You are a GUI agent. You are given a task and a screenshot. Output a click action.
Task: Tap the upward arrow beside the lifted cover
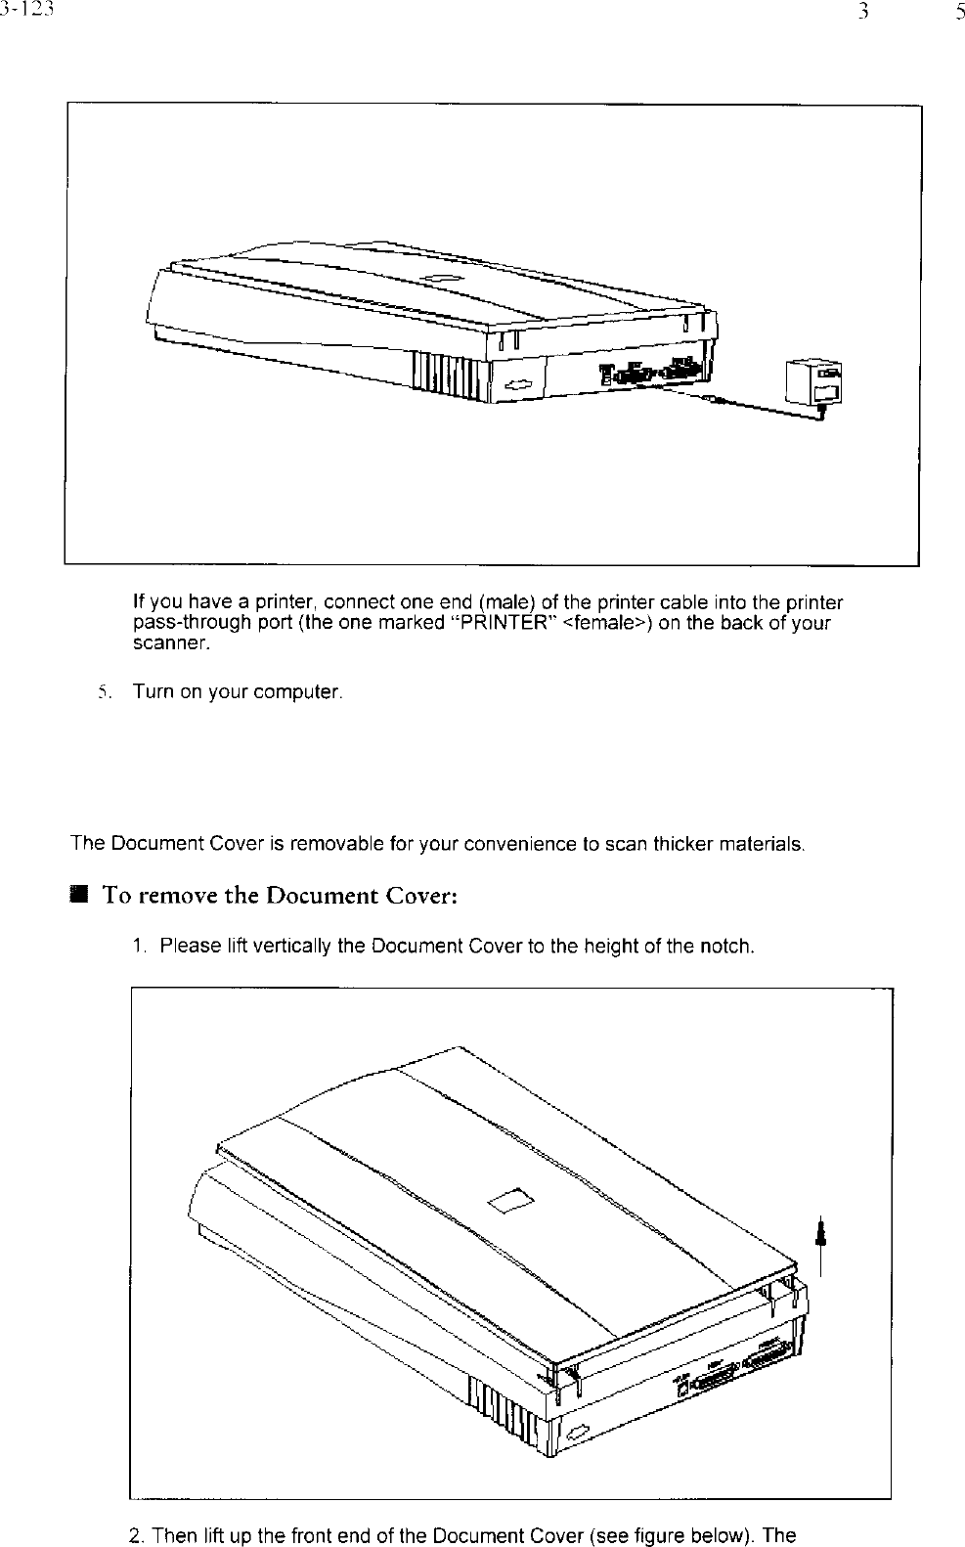click(821, 1236)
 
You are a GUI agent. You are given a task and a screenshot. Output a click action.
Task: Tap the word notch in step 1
click(728, 947)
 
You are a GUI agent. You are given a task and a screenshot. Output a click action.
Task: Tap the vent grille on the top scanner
click(446, 376)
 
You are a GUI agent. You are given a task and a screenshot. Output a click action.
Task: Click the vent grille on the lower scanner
click(504, 1416)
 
